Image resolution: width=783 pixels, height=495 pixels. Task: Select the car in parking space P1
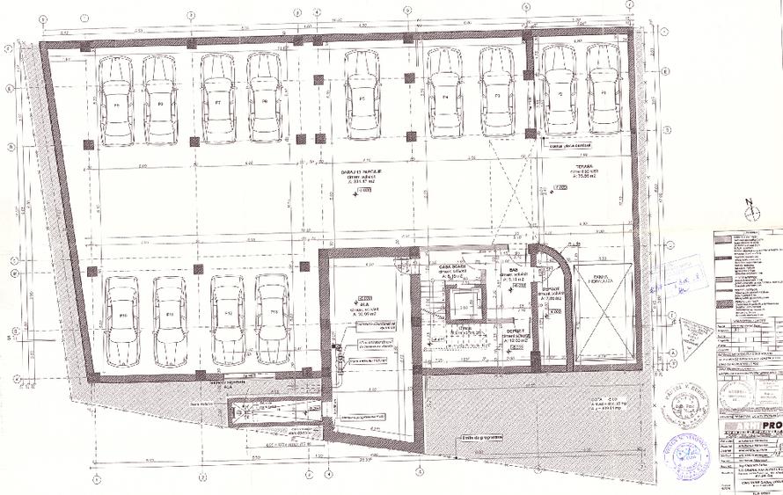604,89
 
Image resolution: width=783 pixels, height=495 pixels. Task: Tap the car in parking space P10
121,322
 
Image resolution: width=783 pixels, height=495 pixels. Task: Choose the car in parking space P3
497,91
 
